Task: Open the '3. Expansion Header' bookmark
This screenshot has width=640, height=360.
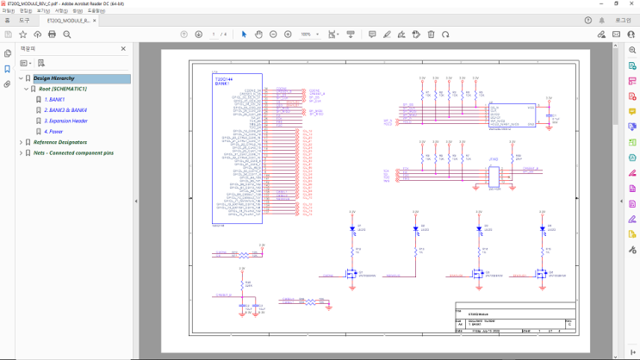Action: click(x=66, y=121)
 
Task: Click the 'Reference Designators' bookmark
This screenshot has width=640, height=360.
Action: click(x=59, y=141)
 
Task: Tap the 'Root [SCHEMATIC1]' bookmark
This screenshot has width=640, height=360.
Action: click(x=62, y=89)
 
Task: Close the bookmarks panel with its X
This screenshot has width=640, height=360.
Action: click(x=123, y=48)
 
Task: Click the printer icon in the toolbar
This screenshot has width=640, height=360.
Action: click(x=53, y=34)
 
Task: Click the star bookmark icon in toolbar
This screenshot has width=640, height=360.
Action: click(x=23, y=34)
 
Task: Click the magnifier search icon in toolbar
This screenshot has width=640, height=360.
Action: click(x=67, y=34)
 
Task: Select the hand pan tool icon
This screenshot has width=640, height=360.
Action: click(x=259, y=34)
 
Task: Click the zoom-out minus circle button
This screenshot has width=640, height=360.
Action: click(x=274, y=34)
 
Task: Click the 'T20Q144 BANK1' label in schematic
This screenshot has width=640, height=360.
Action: click(x=221, y=80)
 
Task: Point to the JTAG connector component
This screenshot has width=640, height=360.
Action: click(x=494, y=176)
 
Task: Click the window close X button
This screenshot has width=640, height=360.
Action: click(x=629, y=4)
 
